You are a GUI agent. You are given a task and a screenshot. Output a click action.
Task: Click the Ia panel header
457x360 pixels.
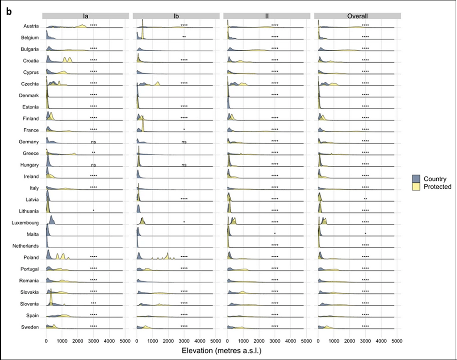(85, 16)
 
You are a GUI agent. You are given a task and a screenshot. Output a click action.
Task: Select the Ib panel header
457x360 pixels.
(176, 16)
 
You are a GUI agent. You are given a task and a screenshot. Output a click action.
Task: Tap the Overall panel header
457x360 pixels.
(357, 16)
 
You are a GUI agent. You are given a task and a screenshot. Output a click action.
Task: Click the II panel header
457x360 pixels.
(267, 16)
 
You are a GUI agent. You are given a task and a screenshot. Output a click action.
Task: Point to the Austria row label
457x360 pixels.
(31, 26)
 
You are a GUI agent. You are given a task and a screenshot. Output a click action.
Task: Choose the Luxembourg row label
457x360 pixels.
(26, 223)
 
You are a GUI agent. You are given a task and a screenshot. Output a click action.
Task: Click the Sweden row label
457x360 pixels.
(30, 327)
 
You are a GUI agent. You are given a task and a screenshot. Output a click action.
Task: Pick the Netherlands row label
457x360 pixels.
(26, 246)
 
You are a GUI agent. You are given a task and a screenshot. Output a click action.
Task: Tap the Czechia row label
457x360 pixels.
(30, 84)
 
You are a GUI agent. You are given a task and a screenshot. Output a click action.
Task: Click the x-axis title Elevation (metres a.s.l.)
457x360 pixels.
(221, 351)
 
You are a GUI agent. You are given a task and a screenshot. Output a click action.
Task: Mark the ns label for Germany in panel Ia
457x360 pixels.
(94, 142)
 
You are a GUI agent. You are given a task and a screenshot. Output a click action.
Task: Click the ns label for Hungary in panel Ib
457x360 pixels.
(184, 165)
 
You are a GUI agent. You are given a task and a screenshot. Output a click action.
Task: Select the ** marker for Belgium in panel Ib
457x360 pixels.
(184, 37)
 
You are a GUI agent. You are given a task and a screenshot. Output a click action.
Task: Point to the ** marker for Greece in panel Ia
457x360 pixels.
(94, 153)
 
